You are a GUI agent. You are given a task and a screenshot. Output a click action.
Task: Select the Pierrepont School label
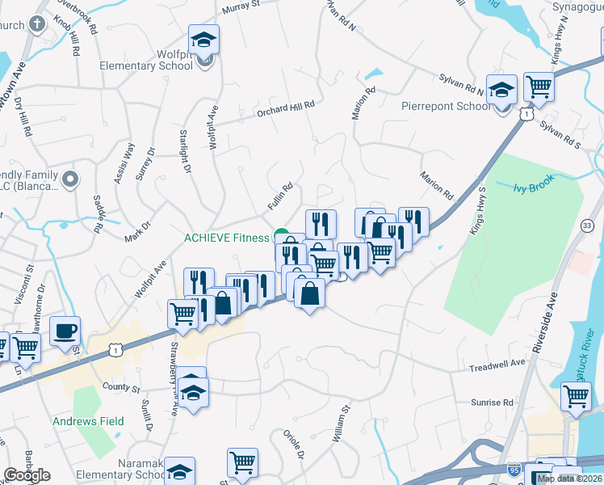pos(446,106)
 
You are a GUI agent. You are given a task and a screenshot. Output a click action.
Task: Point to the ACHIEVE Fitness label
pos(226,238)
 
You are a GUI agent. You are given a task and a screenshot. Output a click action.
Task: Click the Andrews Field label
pos(88,421)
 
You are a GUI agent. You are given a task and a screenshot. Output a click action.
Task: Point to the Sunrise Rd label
pos(493,402)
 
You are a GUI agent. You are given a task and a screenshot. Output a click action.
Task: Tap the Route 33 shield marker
pos(587,226)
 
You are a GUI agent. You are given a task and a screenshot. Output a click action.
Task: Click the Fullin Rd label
pos(280,198)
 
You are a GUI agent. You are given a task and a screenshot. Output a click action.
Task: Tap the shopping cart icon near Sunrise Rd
pos(576,396)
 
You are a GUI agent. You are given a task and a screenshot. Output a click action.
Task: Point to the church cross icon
pos(36,23)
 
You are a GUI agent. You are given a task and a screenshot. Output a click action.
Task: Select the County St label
pos(121,388)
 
